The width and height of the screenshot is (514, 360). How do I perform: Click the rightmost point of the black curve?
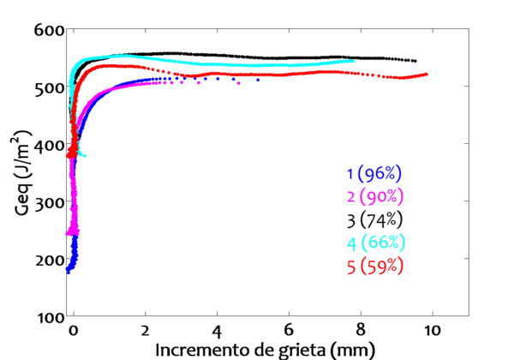415,61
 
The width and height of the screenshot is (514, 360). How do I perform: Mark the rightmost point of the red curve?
427,75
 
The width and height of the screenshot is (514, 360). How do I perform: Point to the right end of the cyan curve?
353,61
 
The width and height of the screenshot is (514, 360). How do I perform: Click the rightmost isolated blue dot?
258,80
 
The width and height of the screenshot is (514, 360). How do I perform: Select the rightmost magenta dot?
239,83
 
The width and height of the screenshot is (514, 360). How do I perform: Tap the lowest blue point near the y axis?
68,271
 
